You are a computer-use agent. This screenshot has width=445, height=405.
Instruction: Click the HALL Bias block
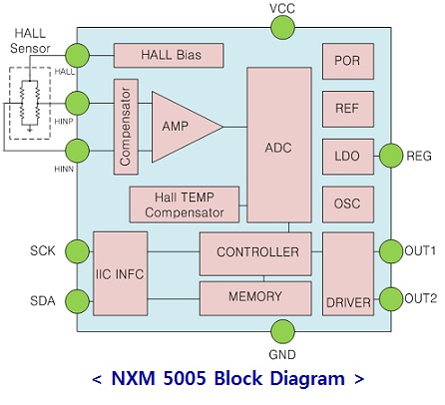tap(169, 55)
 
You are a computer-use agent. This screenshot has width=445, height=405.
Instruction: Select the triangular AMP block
tap(182, 127)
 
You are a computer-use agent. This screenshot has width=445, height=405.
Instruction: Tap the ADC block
tap(279, 145)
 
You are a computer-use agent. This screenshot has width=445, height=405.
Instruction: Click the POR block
tap(348, 61)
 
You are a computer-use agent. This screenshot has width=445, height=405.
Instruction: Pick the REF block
tap(348, 109)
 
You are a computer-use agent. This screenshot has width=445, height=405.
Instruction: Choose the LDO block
tap(348, 157)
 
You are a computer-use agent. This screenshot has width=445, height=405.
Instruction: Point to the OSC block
tap(348, 204)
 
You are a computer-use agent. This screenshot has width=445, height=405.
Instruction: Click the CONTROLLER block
tap(255, 253)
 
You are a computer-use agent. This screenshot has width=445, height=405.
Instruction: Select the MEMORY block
tap(255, 298)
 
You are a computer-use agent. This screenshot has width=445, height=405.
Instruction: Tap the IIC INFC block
tap(121, 273)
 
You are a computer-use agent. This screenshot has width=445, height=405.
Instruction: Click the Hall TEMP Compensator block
tap(185, 204)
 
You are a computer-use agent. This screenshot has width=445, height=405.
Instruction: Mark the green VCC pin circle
tap(282, 28)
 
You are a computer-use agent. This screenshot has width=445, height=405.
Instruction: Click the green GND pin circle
tap(282, 331)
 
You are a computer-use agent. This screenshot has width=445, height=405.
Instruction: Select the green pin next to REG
tap(391, 156)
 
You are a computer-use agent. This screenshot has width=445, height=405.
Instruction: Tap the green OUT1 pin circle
tap(391, 251)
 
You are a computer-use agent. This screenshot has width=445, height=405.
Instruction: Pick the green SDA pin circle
tap(77, 301)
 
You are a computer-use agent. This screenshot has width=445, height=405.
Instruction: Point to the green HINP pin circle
tap(77, 104)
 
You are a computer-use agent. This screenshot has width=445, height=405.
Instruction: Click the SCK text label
tap(43, 250)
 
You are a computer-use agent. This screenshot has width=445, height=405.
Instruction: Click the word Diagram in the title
tap(307, 378)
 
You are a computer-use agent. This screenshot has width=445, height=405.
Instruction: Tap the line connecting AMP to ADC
tap(235, 127)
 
